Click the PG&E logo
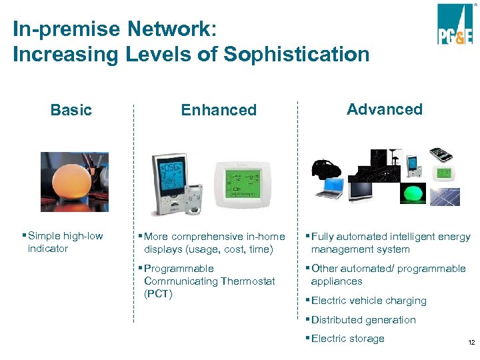455,25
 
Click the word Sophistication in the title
297,54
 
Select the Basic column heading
71,110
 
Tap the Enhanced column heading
219,110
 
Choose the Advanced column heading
385,109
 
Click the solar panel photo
445,196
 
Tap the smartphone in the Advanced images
441,155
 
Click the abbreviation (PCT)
158,294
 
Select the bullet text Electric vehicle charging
369,301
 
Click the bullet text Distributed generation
363,320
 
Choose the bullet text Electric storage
348,339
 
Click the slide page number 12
471,343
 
